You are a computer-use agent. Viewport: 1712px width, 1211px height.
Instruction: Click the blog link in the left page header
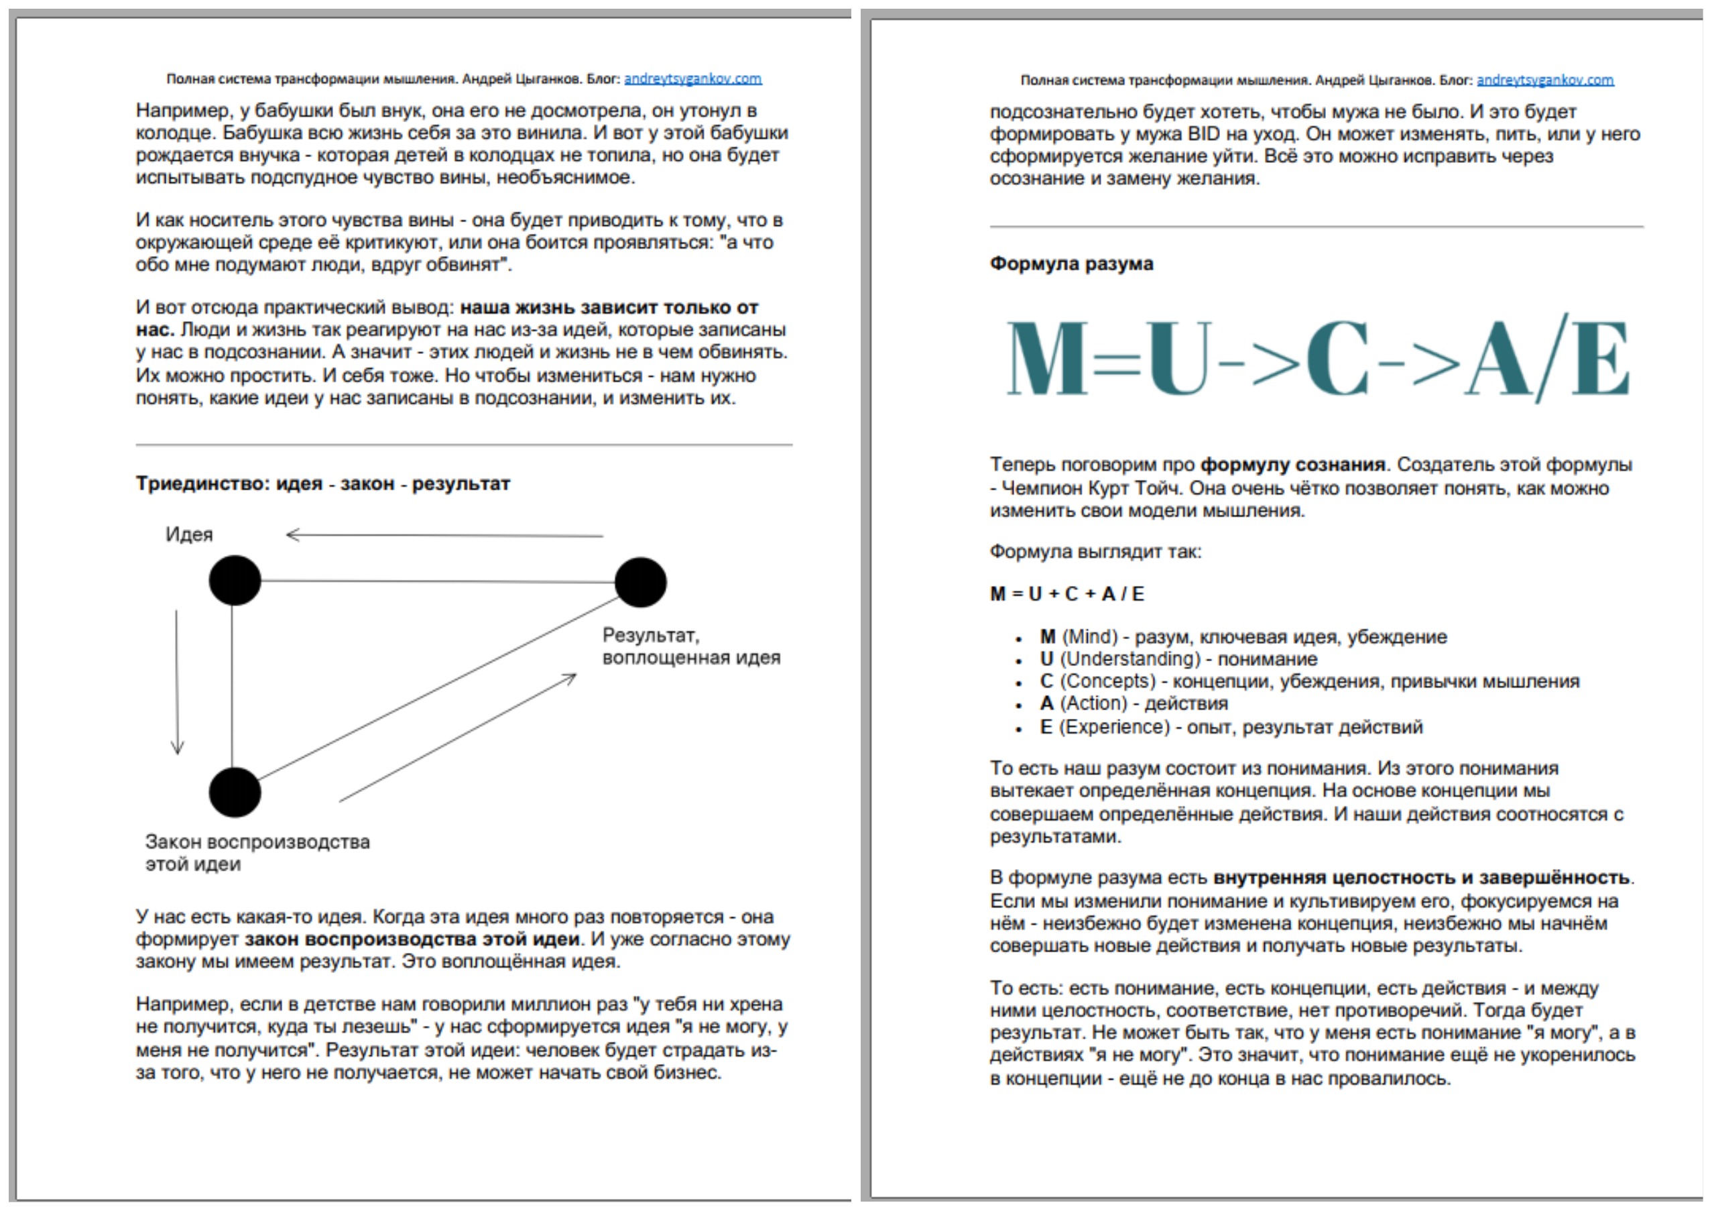tap(692, 78)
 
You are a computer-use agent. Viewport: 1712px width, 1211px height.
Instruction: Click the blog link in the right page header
tap(1545, 80)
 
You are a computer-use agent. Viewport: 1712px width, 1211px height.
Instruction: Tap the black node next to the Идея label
tap(235, 580)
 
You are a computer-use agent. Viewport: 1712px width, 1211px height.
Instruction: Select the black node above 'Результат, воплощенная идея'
tap(641, 583)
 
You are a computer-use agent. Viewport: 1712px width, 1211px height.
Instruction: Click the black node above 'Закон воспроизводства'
tap(235, 792)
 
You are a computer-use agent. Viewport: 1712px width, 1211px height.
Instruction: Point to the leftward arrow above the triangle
tap(444, 534)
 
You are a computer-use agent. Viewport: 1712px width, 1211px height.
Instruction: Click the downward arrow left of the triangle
tap(177, 683)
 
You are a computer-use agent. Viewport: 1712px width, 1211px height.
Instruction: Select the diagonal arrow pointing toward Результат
tap(458, 738)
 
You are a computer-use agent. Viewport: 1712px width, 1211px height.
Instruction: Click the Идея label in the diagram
tap(190, 534)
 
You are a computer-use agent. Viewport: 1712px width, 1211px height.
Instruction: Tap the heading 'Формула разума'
tap(1071, 264)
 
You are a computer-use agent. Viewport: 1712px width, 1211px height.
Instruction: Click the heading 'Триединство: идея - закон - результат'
tap(323, 484)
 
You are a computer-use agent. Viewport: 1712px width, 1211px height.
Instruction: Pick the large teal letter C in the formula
tap(1339, 359)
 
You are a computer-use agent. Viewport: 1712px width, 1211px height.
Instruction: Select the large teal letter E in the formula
tap(1600, 359)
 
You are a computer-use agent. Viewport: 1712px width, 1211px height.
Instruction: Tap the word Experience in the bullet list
tap(1115, 727)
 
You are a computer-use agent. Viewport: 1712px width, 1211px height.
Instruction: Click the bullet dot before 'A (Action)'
tap(1018, 705)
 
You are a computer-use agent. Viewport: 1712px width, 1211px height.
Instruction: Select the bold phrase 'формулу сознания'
tap(1292, 465)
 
